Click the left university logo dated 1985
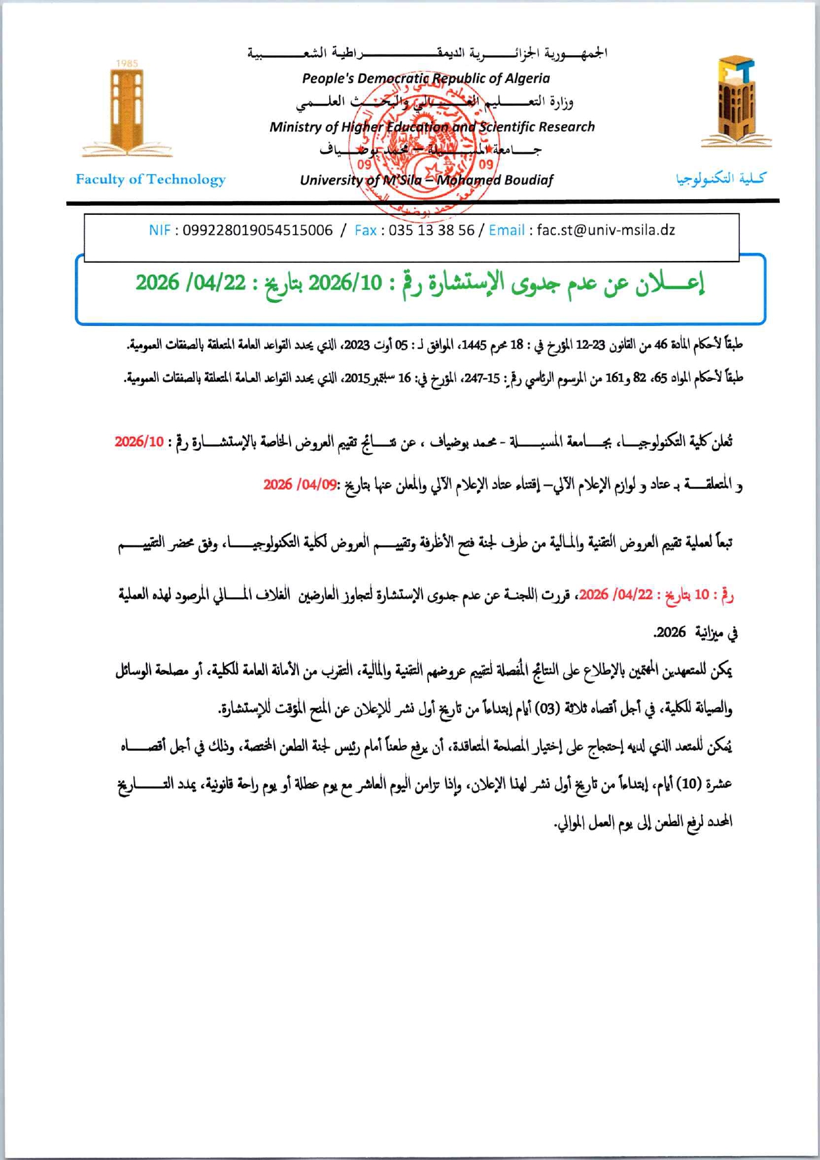pos(126,108)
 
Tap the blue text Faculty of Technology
pos(150,179)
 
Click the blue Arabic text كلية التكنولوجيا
pos(721,178)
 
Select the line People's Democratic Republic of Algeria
pos(426,78)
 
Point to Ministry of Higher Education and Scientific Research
pos(432,127)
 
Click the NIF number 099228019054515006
pos(258,231)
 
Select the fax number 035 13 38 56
pos(431,231)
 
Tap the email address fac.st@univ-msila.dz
pos(606,231)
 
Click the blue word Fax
pos(365,231)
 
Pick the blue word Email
pos(506,231)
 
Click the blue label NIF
pos(160,231)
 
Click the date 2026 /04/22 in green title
pos(191,283)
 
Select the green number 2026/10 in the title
pos(345,283)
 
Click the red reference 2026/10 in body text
pos(139,442)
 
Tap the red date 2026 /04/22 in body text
pos(616,595)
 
